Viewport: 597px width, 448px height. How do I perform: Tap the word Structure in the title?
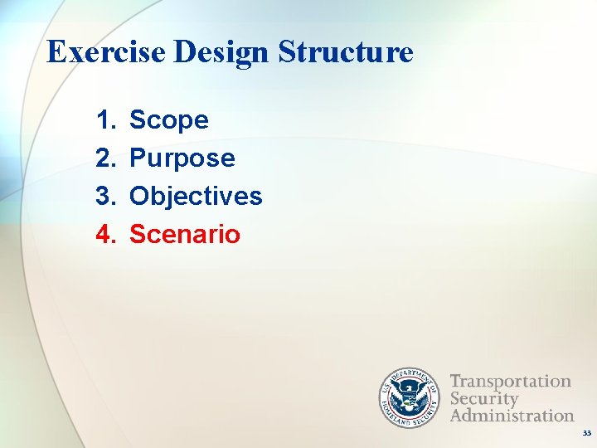tap(346, 52)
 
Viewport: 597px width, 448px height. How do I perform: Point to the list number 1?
tap(104, 120)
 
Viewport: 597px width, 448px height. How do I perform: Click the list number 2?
tap(104, 158)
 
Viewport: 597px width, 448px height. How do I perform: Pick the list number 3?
tap(104, 197)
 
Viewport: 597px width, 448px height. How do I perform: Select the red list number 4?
tap(104, 235)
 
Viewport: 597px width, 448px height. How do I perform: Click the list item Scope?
tap(169, 121)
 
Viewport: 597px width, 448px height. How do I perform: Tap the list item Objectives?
tap(196, 197)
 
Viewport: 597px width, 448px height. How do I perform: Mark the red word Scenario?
tap(185, 235)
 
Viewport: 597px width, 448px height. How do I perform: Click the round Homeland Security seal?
tap(410, 397)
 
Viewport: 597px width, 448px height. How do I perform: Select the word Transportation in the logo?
tap(511, 382)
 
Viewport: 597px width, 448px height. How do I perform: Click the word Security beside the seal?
tap(484, 398)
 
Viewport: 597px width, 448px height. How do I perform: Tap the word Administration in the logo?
tap(512, 415)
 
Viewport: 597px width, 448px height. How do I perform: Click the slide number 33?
tap(586, 433)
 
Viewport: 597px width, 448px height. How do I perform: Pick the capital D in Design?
tap(185, 52)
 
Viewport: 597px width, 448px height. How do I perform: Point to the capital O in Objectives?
tap(140, 197)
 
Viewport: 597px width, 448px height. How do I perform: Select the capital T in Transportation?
tap(456, 382)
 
